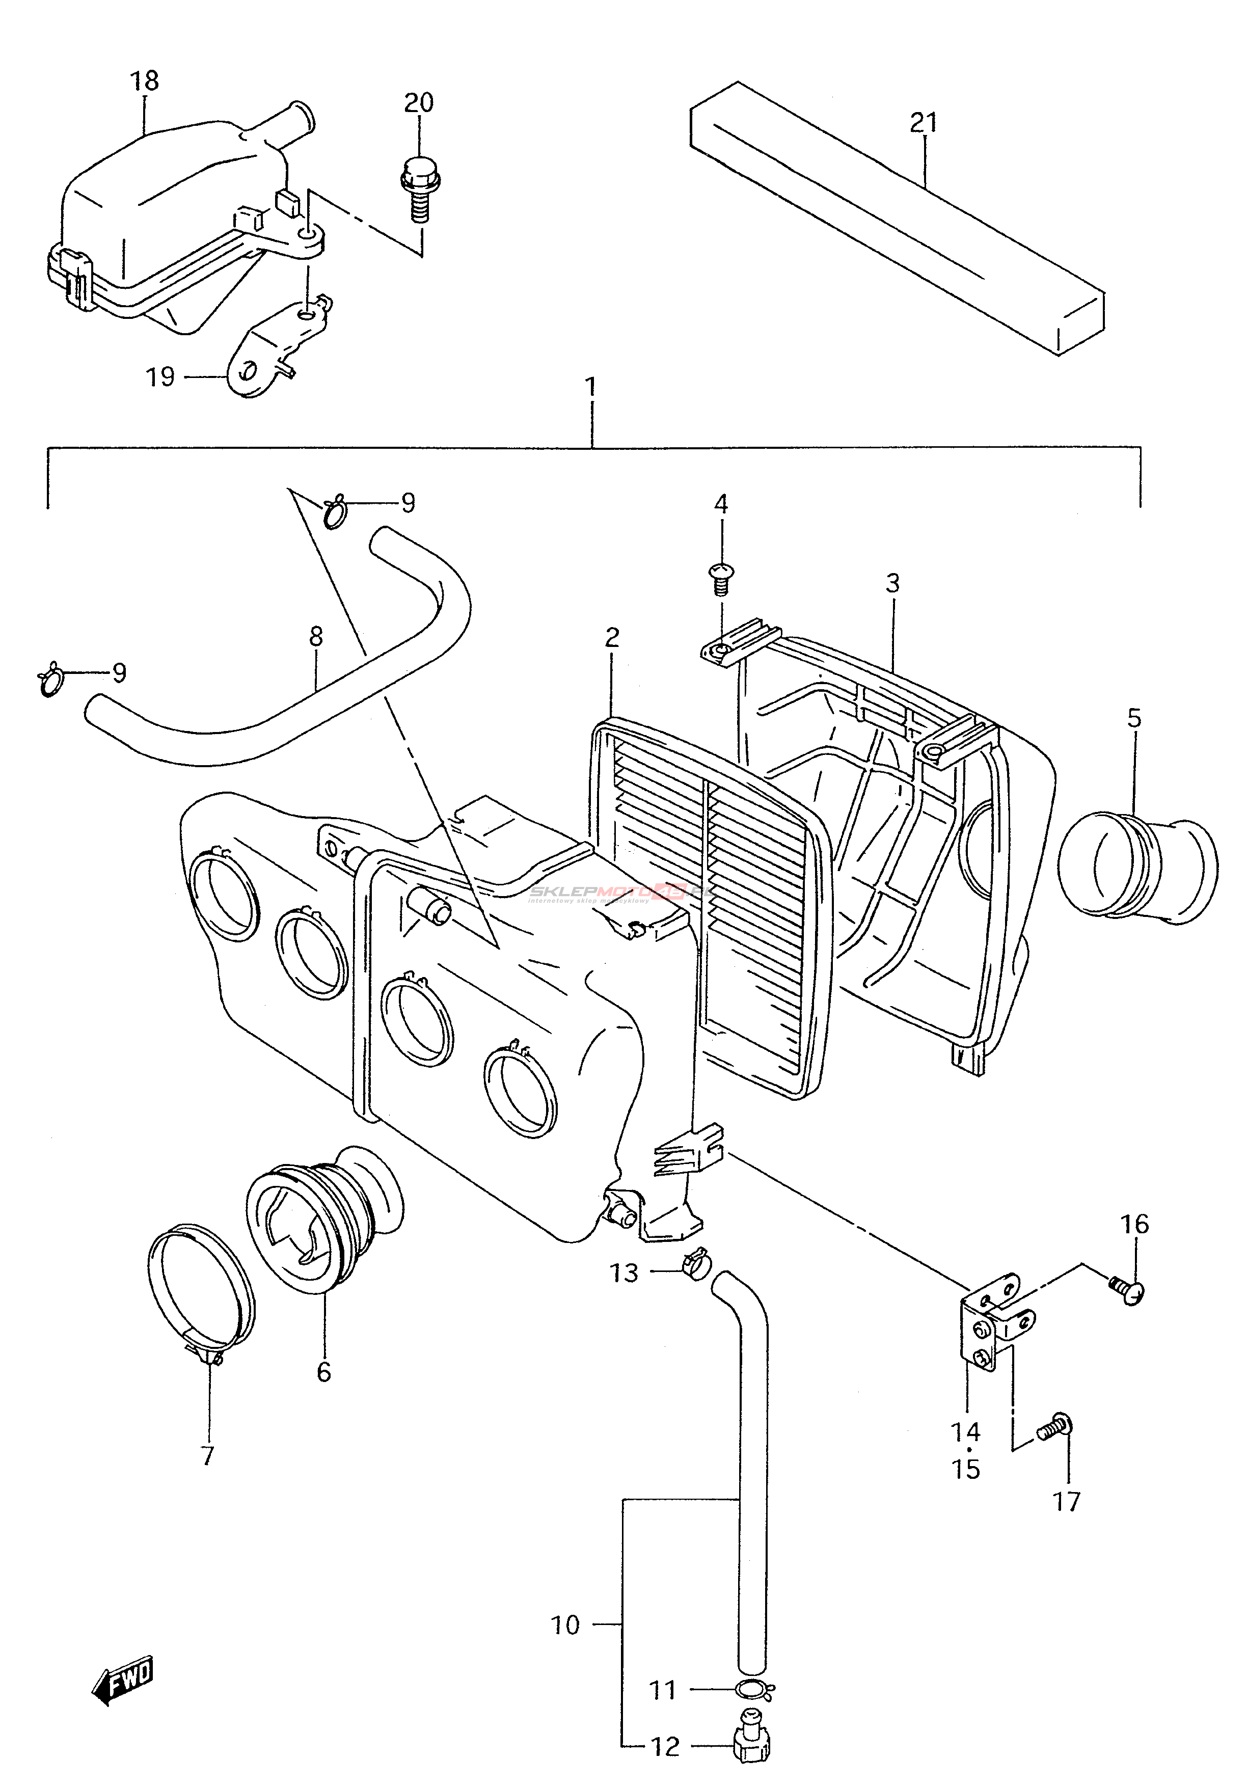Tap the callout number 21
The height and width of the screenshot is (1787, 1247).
coord(924,122)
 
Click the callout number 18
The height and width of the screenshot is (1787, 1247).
coord(145,81)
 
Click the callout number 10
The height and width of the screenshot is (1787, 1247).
coord(566,1625)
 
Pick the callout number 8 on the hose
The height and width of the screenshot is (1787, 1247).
coord(315,637)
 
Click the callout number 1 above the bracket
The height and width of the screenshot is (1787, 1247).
coord(591,387)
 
